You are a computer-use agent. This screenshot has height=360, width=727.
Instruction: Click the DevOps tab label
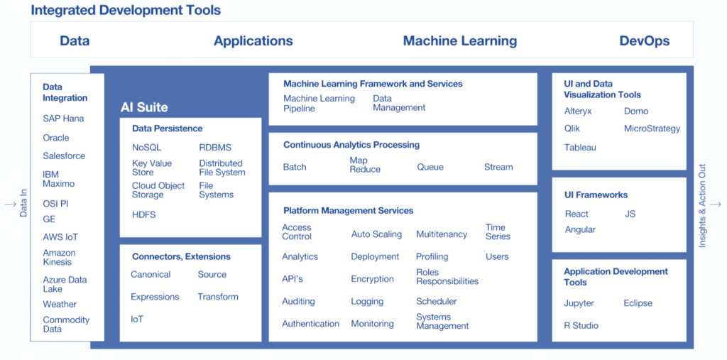pos(645,40)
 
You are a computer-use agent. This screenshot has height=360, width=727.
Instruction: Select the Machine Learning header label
pos(460,40)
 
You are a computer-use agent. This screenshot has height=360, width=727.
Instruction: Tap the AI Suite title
pos(144,108)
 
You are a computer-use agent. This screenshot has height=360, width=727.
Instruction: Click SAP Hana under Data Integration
pos(63,119)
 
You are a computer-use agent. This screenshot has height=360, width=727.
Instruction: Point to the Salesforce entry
pos(64,156)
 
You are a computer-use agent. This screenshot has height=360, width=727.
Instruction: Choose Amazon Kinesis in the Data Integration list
pos(60,258)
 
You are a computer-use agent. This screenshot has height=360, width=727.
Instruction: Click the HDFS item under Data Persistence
pos(143,214)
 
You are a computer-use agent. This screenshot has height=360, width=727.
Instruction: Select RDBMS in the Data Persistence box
pos(215,148)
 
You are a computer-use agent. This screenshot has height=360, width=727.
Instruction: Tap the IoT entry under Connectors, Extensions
pos(137,320)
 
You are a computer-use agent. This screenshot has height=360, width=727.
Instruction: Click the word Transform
pos(218,296)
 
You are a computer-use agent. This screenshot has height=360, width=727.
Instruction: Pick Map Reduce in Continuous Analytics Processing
pos(365,165)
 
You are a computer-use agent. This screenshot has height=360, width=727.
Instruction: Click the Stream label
pos(498,167)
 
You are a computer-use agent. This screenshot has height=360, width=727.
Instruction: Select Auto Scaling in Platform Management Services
pos(376,234)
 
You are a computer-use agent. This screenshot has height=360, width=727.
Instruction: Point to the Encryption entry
pos(372,279)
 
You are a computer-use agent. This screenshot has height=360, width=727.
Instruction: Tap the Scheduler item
pos(437,302)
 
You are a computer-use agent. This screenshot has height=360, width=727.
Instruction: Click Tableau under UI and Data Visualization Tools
pos(580,148)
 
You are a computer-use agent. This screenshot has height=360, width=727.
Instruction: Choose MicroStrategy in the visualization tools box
pos(652,129)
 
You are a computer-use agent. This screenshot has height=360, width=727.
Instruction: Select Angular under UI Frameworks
pos(580,229)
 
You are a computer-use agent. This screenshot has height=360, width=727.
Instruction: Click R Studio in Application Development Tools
pos(581,326)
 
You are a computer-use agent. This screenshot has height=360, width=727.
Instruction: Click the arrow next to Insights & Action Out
pos(716,204)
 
